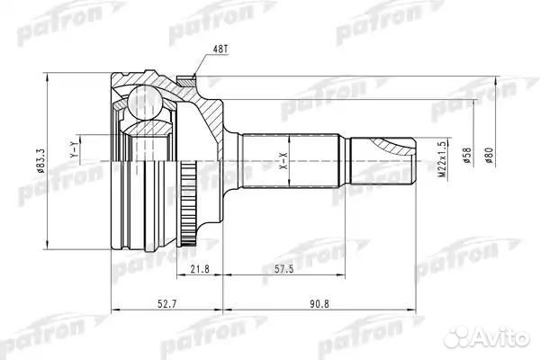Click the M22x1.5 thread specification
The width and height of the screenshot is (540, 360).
pos(441,161)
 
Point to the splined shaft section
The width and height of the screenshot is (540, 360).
pos(289,161)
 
